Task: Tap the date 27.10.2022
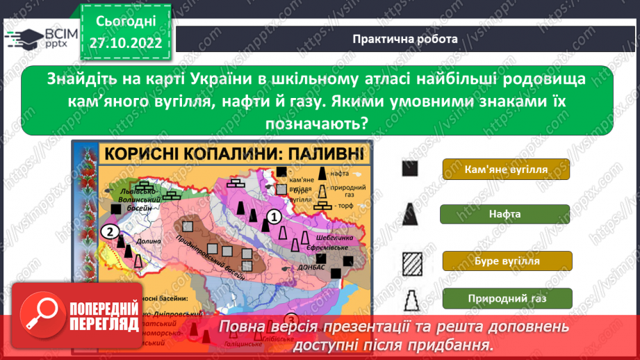(x=125, y=43)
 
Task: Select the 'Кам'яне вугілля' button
(x=505, y=170)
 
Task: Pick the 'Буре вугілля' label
(x=505, y=262)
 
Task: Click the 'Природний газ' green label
(x=505, y=299)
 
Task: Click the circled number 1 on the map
(x=274, y=216)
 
